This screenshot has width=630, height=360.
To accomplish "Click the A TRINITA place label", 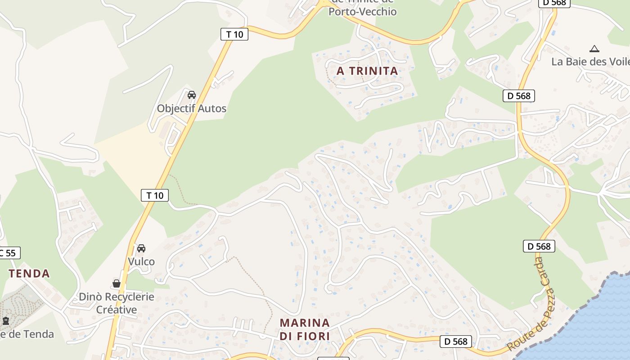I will (367, 71).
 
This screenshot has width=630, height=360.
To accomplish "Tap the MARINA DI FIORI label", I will (305, 329).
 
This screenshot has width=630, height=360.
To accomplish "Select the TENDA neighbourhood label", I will (29, 274).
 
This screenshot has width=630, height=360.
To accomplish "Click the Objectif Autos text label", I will (191, 108).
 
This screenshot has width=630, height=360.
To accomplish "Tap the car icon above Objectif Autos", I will (192, 95).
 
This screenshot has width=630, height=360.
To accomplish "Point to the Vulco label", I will (141, 261).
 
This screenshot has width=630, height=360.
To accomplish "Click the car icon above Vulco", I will (141, 248).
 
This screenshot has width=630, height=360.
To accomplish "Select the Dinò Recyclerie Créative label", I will (117, 303).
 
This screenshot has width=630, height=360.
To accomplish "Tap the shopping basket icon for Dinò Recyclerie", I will (117, 283).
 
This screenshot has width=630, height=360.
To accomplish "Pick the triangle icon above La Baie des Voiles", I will (594, 49).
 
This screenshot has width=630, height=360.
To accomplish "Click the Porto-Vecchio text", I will (362, 12).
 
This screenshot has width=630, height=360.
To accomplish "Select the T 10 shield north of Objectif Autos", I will (234, 34).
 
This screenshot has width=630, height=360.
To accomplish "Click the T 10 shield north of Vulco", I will (155, 195).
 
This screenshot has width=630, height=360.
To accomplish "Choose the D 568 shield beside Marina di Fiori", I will (456, 342).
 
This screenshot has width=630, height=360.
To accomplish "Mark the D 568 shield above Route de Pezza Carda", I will (539, 246).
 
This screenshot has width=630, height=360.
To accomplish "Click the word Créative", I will (117, 310).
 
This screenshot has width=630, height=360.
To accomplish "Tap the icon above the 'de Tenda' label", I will (6, 321).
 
